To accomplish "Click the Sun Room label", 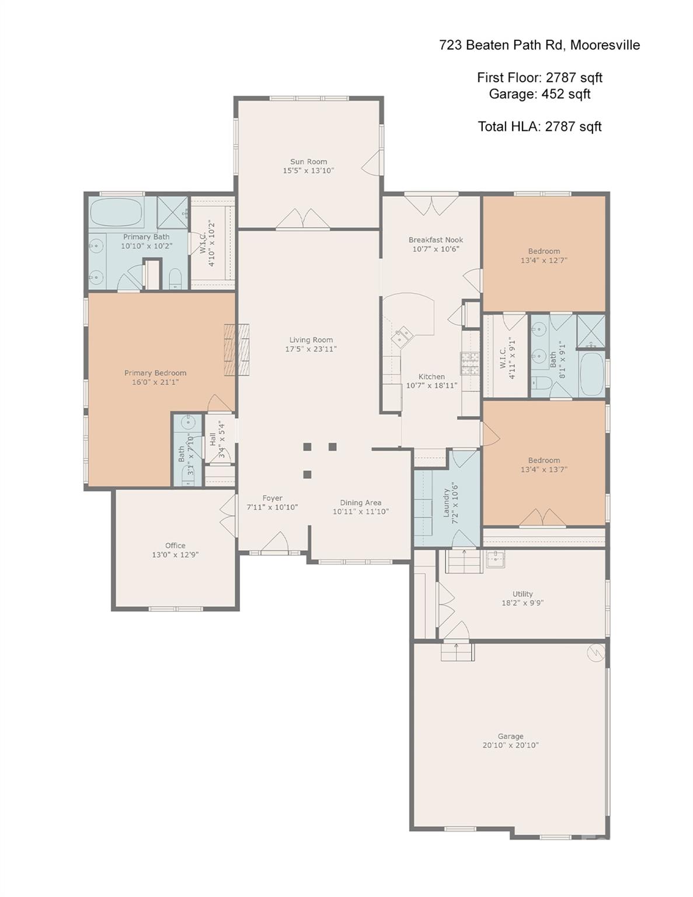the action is pyautogui.click(x=308, y=162).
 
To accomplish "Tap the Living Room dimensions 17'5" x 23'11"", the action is pyautogui.click(x=311, y=349).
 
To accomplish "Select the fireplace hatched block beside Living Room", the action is pyautogui.click(x=237, y=350).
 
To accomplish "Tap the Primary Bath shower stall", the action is pyautogui.click(x=173, y=213).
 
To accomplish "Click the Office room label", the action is pyautogui.click(x=175, y=545).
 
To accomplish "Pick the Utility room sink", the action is pyautogui.click(x=496, y=559).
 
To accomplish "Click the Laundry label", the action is pyautogui.click(x=446, y=503).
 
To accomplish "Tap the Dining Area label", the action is pyautogui.click(x=361, y=502).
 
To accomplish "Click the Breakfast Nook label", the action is pyautogui.click(x=436, y=240).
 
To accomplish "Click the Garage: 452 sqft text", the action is pyautogui.click(x=539, y=94).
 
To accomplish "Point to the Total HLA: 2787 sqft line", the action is pyautogui.click(x=539, y=126).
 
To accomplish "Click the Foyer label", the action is pyautogui.click(x=272, y=498).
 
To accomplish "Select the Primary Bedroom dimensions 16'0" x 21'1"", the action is pyautogui.click(x=155, y=383).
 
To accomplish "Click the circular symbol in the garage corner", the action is pyautogui.click(x=596, y=652).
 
